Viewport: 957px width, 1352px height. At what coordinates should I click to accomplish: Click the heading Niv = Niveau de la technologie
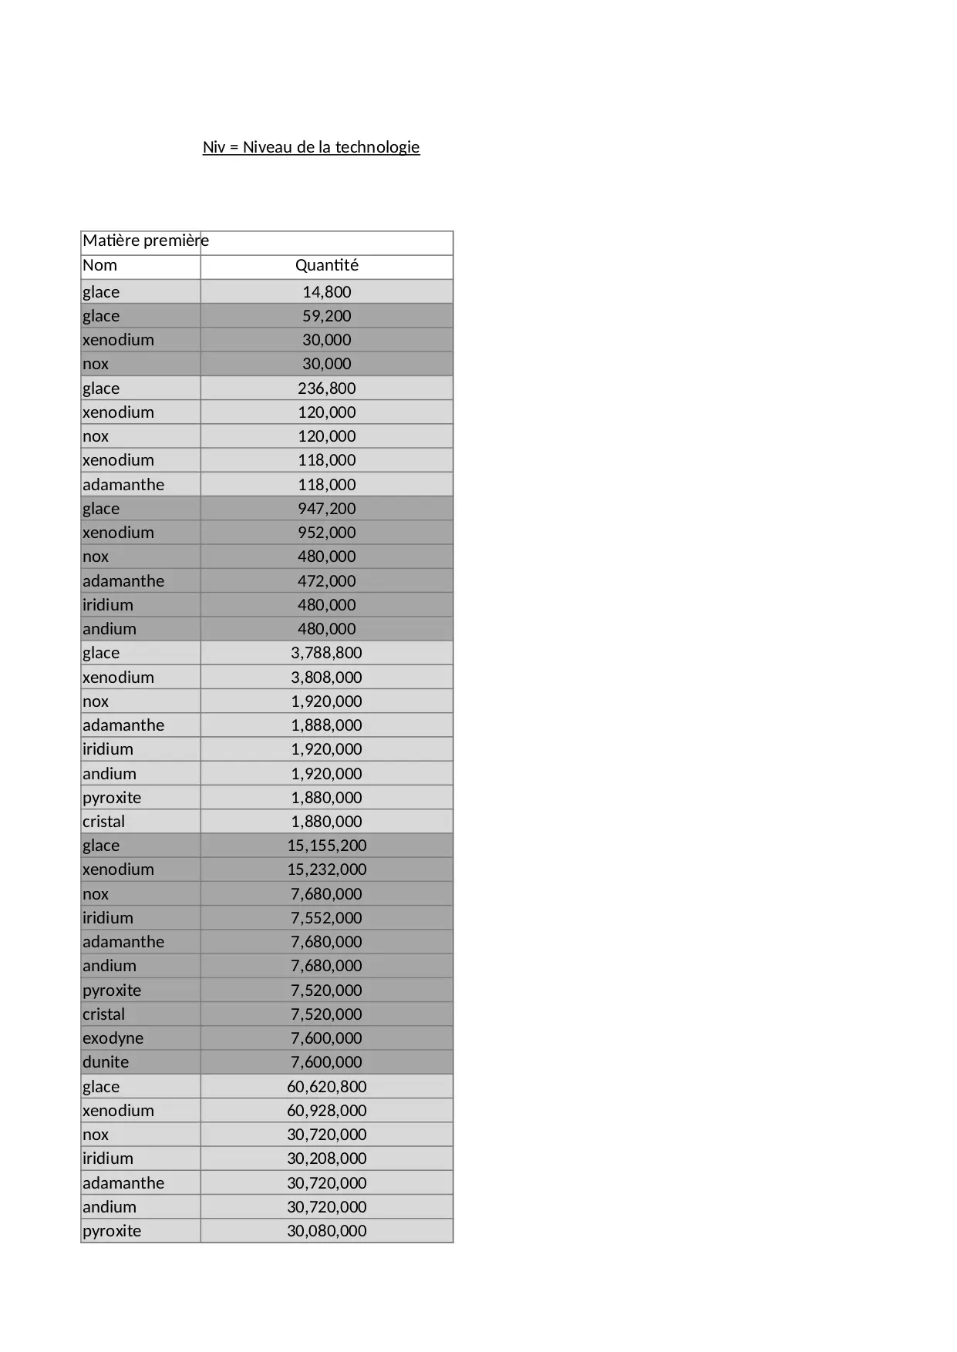[311, 147]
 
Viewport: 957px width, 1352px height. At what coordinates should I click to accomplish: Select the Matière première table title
[146, 240]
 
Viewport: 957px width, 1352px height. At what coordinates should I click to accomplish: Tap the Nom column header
[100, 265]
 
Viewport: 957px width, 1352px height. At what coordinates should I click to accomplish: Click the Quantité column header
[327, 265]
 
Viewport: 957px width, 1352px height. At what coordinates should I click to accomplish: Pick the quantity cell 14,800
[327, 292]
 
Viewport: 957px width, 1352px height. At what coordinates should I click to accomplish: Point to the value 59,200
[327, 316]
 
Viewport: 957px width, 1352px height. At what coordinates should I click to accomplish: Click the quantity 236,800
[327, 388]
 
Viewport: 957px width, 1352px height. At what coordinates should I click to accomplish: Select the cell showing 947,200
[327, 509]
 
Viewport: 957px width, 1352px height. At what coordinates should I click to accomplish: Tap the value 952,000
[327, 533]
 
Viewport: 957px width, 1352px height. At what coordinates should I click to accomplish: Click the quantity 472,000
[327, 581]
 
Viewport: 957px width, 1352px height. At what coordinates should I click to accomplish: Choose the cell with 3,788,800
[327, 653]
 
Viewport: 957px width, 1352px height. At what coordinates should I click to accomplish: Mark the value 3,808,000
[327, 678]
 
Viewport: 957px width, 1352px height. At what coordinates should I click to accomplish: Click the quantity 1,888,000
[327, 725]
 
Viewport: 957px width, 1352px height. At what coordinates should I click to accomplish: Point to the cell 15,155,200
[327, 846]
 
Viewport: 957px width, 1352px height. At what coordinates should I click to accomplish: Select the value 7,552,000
[327, 918]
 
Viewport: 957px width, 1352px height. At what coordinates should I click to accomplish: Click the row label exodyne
[113, 1038]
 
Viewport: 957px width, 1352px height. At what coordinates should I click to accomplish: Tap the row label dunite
[106, 1062]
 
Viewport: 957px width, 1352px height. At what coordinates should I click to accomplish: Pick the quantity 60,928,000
[327, 1111]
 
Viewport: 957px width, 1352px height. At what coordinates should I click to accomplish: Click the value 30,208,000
[327, 1159]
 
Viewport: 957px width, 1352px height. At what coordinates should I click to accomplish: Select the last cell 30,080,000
[327, 1231]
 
